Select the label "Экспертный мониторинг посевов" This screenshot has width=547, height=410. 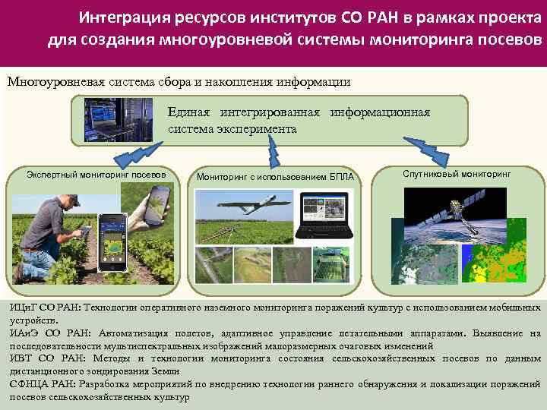[x=96, y=174]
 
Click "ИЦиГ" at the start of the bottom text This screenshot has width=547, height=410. [x=22, y=307]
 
